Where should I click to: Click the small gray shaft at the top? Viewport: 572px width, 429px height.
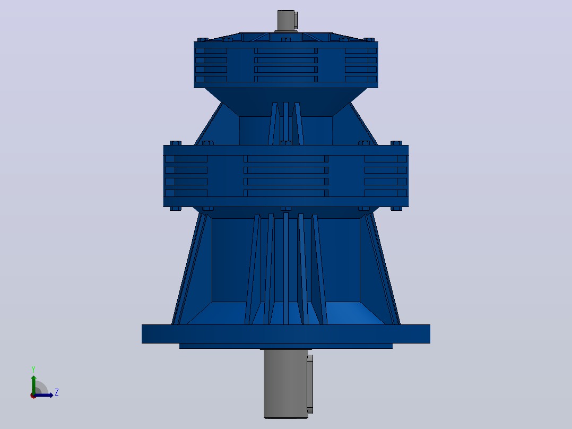(x=285, y=21)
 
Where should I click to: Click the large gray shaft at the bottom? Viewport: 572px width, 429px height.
(x=285, y=383)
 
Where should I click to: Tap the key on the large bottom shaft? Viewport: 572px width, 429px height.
(x=310, y=384)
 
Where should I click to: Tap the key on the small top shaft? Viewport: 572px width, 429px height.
(x=296, y=20)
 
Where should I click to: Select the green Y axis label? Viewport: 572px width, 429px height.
(x=33, y=370)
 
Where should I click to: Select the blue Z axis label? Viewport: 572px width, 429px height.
(x=57, y=392)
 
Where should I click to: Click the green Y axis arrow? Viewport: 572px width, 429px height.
(x=33, y=384)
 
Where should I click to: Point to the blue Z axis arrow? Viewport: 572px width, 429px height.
(x=44, y=395)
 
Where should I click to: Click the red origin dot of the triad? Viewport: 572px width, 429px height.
(x=33, y=396)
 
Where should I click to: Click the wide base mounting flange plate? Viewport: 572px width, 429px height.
(x=285, y=334)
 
